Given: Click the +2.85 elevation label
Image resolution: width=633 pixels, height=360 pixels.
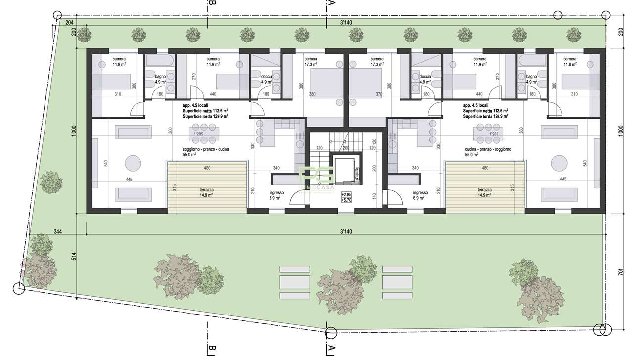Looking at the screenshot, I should tap(346, 195).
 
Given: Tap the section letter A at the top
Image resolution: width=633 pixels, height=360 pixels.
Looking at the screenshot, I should tap(331, 4).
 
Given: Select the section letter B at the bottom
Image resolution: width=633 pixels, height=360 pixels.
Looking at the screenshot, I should tap(212, 350).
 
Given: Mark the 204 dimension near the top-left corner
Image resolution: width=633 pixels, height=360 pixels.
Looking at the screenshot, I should tap(69, 23).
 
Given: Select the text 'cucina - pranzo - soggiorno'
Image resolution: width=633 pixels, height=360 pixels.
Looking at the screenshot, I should tap(488, 149).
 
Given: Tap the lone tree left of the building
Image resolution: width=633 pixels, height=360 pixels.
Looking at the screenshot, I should tap(51, 182).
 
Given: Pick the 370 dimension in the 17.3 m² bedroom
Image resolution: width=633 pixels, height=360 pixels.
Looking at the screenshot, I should tap(379, 94).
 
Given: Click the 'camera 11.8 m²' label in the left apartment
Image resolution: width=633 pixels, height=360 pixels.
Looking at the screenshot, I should tap(119, 61).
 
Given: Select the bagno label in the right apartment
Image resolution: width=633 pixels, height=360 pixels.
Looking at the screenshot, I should tap(531, 79).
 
